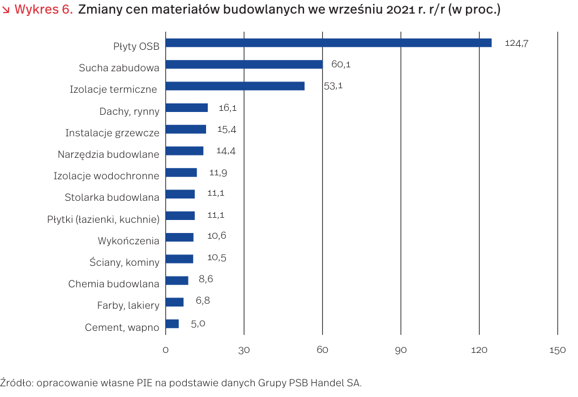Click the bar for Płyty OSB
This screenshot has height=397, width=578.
328,43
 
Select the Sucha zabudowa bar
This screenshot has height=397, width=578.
244,64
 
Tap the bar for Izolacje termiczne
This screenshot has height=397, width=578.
235,86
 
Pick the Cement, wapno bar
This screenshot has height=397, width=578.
172,324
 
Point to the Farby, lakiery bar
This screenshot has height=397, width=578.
174,302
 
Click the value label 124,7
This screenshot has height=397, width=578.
516,43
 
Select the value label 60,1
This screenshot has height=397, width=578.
341,64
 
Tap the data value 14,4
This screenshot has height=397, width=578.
226,151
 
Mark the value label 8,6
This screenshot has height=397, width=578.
205,279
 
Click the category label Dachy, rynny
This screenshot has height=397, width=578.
129,111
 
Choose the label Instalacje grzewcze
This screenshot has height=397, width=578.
112,133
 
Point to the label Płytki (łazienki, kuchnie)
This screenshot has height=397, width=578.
103,219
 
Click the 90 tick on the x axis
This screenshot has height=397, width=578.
401,351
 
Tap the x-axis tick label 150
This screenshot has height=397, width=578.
558,351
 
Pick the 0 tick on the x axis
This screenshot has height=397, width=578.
166,351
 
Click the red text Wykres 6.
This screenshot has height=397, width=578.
43,10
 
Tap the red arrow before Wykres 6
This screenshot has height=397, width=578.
6,10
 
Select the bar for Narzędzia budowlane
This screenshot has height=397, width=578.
185,151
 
